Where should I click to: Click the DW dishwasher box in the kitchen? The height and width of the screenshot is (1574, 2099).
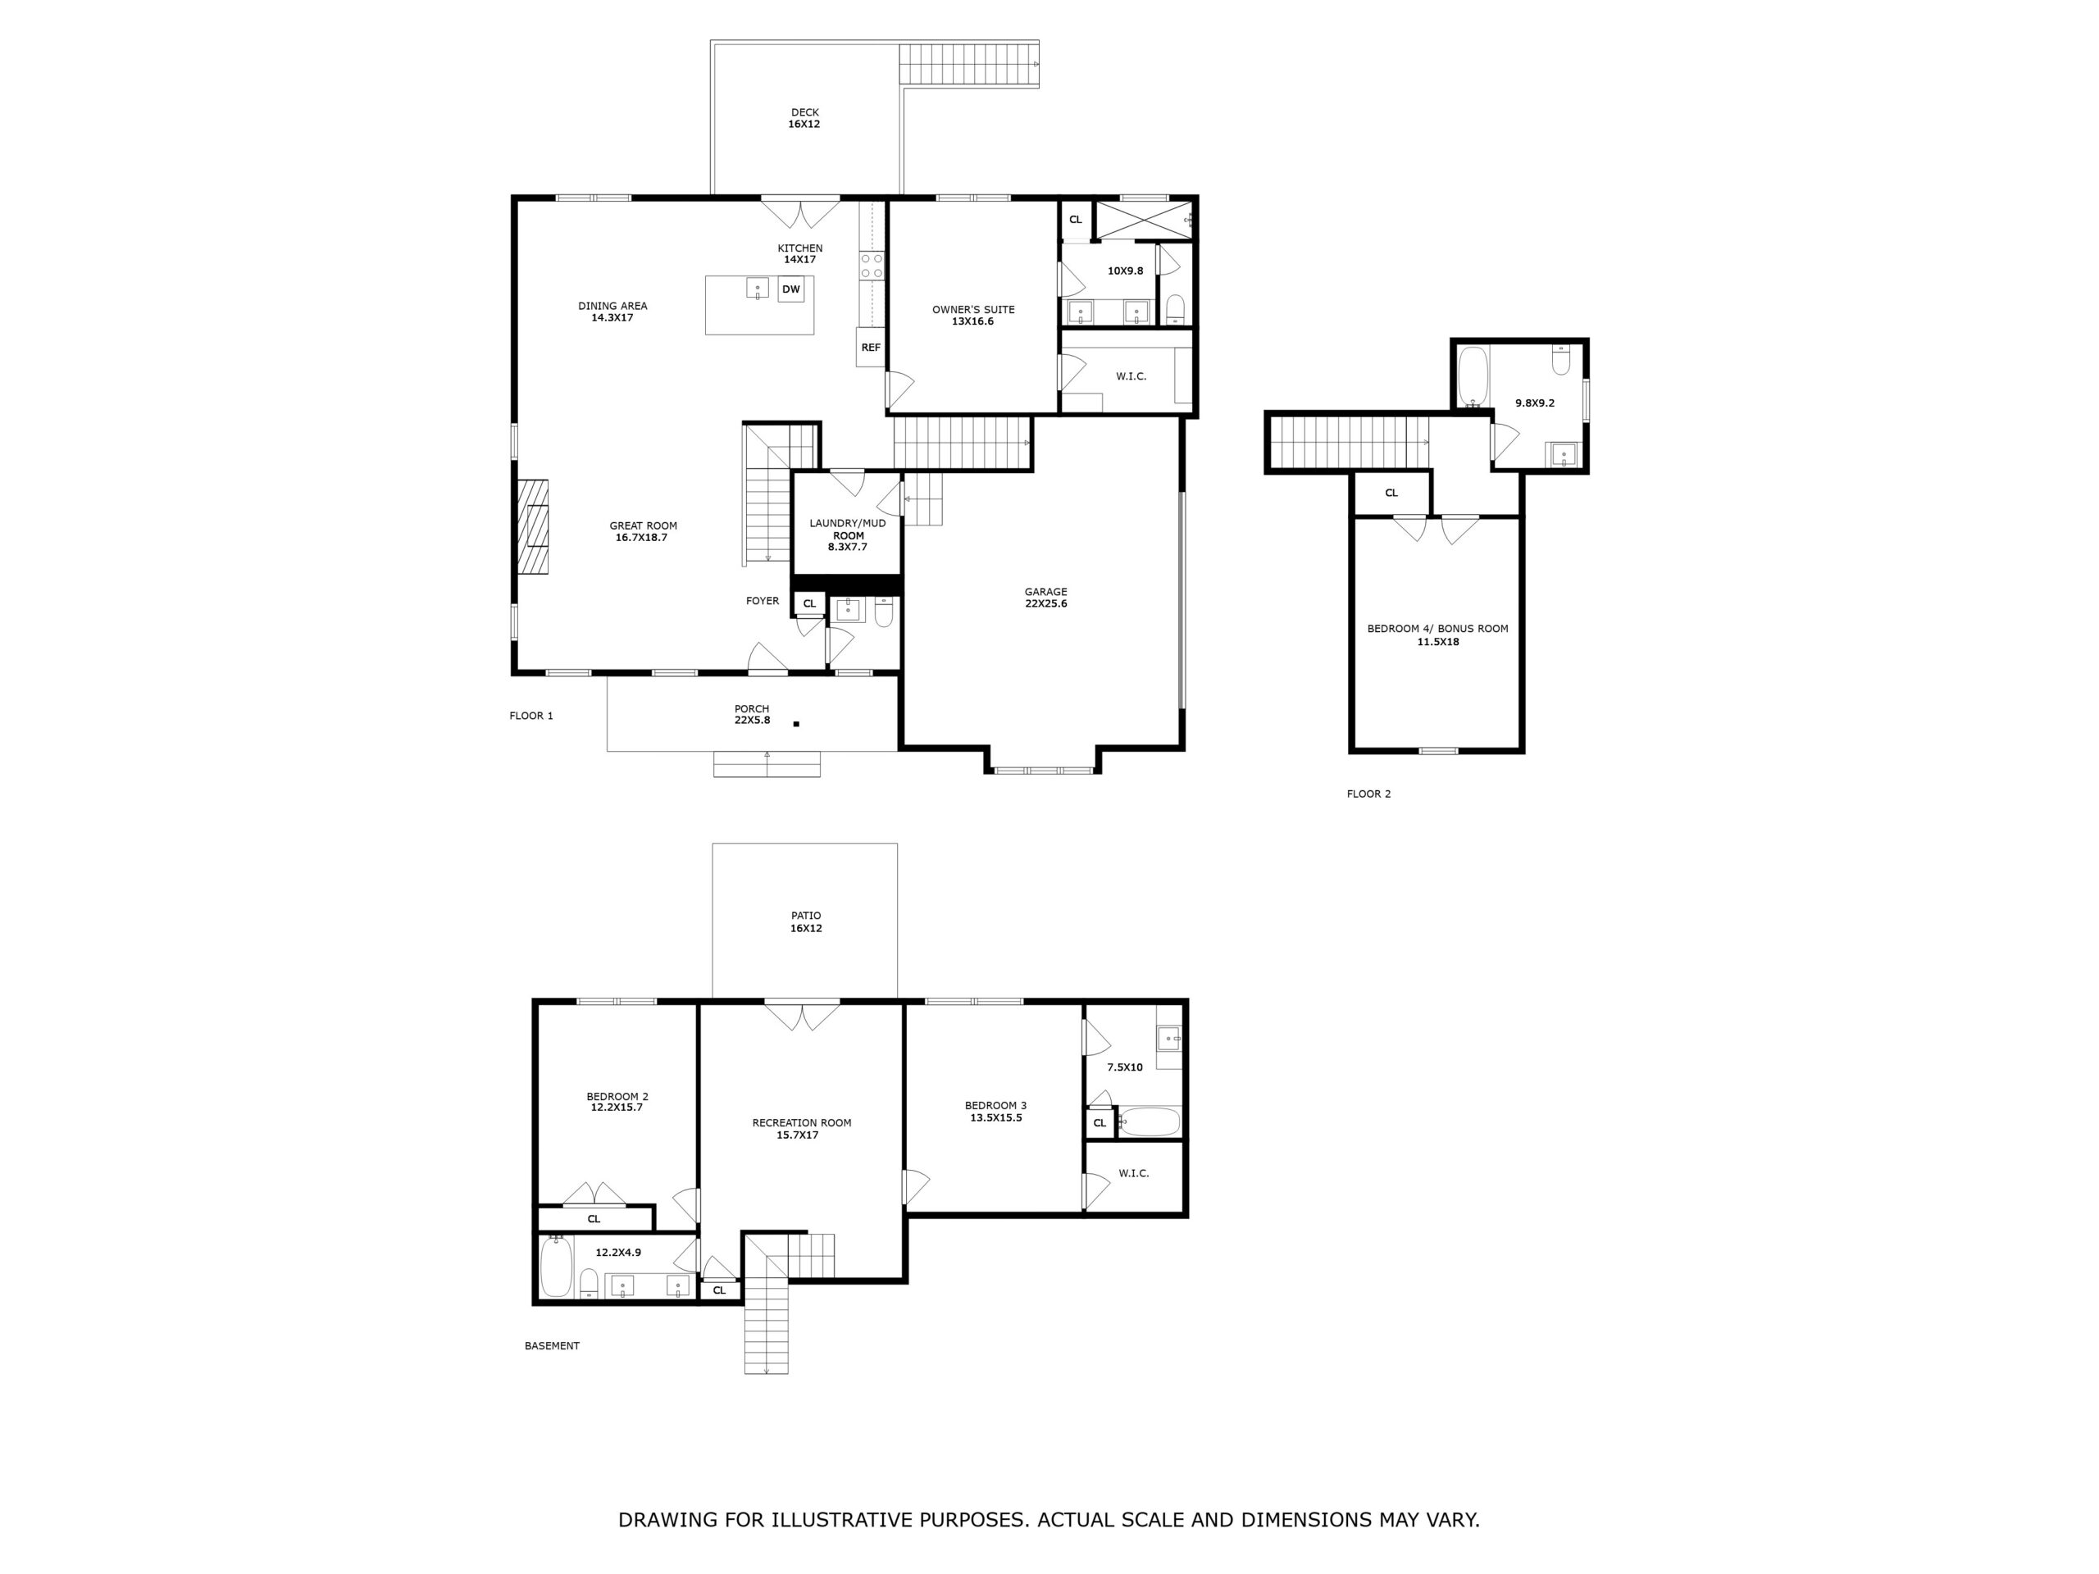pyautogui.click(x=790, y=289)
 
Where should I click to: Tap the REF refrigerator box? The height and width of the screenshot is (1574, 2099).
pyautogui.click(x=870, y=348)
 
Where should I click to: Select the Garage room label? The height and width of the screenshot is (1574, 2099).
pyautogui.click(x=1045, y=598)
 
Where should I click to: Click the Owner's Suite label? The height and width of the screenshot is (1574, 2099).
pyautogui.click(x=972, y=315)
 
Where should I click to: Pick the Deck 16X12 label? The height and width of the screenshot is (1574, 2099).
pyautogui.click(x=804, y=118)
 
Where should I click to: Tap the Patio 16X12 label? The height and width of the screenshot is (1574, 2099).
pyautogui.click(x=807, y=922)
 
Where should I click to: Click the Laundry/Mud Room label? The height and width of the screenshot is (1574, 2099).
pyautogui.click(x=847, y=535)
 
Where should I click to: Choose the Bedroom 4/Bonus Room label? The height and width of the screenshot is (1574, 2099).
pyautogui.click(x=1437, y=635)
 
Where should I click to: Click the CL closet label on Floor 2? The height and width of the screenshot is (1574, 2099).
pyautogui.click(x=1391, y=494)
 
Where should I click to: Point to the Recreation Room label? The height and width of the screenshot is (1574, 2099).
pyautogui.click(x=802, y=1129)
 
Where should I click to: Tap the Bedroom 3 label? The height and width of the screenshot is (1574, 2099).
pyautogui.click(x=995, y=1111)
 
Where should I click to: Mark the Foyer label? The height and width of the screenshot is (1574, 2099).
pyautogui.click(x=762, y=601)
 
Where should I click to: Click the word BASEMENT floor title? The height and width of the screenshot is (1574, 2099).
pyautogui.click(x=551, y=1345)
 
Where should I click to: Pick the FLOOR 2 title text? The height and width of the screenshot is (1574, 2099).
pyautogui.click(x=1368, y=794)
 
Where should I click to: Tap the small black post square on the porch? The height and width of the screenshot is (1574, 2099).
pyautogui.click(x=796, y=724)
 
